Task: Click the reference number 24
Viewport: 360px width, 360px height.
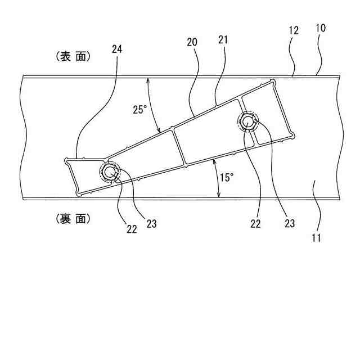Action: click(x=117, y=49)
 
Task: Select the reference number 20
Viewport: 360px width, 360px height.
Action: click(x=192, y=42)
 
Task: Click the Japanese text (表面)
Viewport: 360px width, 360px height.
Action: click(x=74, y=56)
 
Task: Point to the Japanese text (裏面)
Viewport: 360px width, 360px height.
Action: click(x=74, y=219)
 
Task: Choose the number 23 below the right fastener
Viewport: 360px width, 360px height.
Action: click(x=289, y=223)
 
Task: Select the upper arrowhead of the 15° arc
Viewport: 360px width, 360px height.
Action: click(x=215, y=163)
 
